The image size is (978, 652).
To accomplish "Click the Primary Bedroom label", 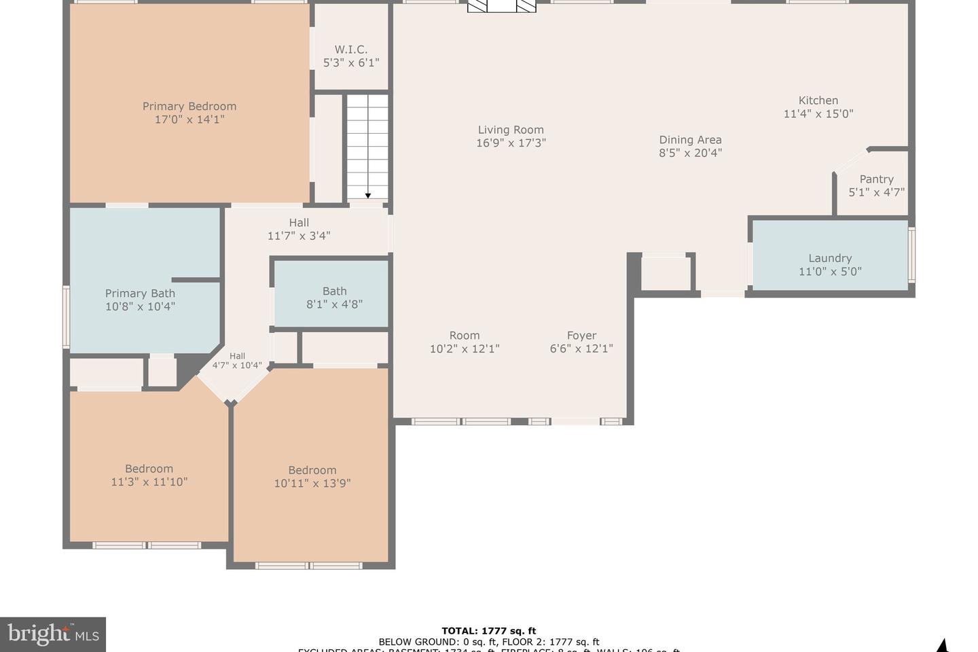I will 189,106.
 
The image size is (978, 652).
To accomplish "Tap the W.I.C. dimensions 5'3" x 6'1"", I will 350,62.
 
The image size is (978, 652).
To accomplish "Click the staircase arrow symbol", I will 368,196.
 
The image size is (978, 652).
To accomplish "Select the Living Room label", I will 511,130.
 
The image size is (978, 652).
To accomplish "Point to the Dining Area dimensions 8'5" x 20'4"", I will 690,153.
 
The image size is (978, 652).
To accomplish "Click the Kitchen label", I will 818,101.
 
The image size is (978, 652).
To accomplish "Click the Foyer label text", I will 581,336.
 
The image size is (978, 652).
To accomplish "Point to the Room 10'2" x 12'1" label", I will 465,342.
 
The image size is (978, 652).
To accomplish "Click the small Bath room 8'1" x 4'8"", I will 334,297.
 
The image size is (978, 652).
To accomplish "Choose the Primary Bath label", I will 140,293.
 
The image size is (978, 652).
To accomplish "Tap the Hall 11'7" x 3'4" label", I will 299,229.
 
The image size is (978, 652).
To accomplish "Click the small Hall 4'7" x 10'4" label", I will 237,361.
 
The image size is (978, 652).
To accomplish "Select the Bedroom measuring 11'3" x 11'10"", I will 149,475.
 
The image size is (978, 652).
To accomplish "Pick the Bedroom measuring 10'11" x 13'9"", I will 312,477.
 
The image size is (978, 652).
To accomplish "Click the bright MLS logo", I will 53,635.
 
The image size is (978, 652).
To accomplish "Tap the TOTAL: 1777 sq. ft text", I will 488,631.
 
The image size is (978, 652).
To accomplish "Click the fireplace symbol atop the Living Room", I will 502,6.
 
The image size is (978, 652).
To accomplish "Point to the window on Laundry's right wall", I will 912,255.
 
